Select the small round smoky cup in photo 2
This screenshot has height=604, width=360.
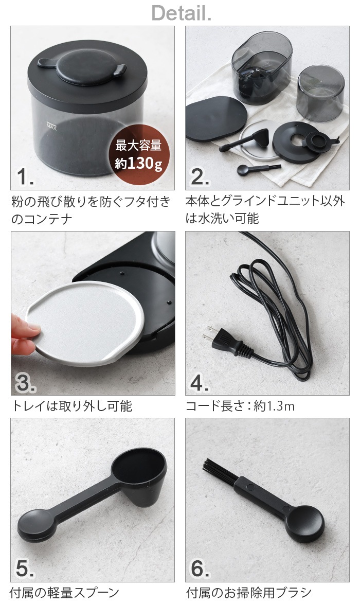pos(320,93)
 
